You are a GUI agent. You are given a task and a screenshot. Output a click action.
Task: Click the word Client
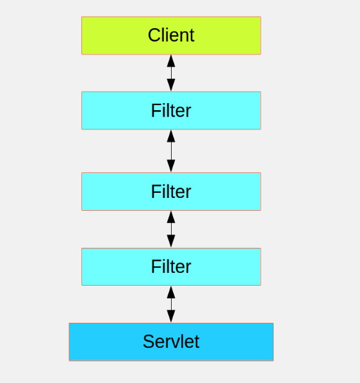pyautogui.click(x=171, y=35)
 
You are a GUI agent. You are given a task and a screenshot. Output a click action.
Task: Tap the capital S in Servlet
pyautogui.click(x=149, y=341)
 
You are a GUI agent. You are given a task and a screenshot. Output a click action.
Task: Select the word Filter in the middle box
pyautogui.click(x=171, y=191)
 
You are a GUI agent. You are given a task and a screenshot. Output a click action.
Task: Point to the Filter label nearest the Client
pyautogui.click(x=171, y=111)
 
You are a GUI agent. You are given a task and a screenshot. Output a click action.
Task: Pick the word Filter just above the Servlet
pyautogui.click(x=171, y=266)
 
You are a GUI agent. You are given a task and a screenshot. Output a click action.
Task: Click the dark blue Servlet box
pyautogui.click(x=171, y=342)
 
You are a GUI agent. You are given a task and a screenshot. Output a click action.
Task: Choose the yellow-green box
pyautogui.click(x=171, y=35)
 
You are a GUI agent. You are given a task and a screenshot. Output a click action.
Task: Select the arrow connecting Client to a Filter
pyautogui.click(x=171, y=73)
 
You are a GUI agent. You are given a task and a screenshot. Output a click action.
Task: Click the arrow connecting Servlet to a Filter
pyautogui.click(x=171, y=304)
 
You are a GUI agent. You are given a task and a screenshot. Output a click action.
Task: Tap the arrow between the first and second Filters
pyautogui.click(x=171, y=151)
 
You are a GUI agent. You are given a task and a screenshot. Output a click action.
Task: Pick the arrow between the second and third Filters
pyautogui.click(x=171, y=229)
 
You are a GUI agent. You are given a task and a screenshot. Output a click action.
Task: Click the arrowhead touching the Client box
pyautogui.click(x=171, y=61)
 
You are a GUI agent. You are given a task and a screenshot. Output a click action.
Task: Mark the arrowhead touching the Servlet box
pyautogui.click(x=171, y=316)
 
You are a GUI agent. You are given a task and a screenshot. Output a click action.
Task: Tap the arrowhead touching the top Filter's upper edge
pyautogui.click(x=171, y=85)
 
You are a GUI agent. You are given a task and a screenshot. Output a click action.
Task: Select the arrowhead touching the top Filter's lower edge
pyautogui.click(x=171, y=136)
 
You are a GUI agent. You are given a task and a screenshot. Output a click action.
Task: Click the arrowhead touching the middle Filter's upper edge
pyautogui.click(x=171, y=166)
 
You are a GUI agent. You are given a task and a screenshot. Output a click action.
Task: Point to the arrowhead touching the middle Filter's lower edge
pyautogui.click(x=171, y=216)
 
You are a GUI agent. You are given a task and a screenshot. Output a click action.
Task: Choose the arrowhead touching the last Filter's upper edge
pyautogui.click(x=171, y=241)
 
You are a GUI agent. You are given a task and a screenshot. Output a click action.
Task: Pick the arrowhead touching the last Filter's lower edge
pyautogui.click(x=171, y=292)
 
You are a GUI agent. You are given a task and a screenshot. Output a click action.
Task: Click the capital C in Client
pyautogui.click(x=154, y=35)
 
